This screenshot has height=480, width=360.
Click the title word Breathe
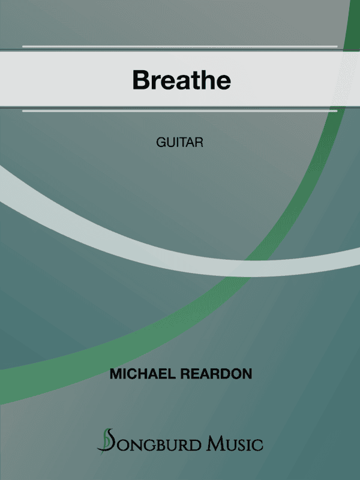[x=181, y=80]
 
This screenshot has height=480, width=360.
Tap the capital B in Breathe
[x=141, y=80]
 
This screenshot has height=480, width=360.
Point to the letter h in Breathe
[x=207, y=80]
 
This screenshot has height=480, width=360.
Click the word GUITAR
[x=181, y=143]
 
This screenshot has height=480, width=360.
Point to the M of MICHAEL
[x=115, y=374]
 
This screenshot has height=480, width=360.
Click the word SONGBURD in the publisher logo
[x=158, y=445]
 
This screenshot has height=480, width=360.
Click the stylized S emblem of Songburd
[x=107, y=441]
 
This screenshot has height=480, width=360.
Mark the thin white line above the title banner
[x=180, y=46]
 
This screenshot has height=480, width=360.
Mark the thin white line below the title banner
[x=180, y=110]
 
